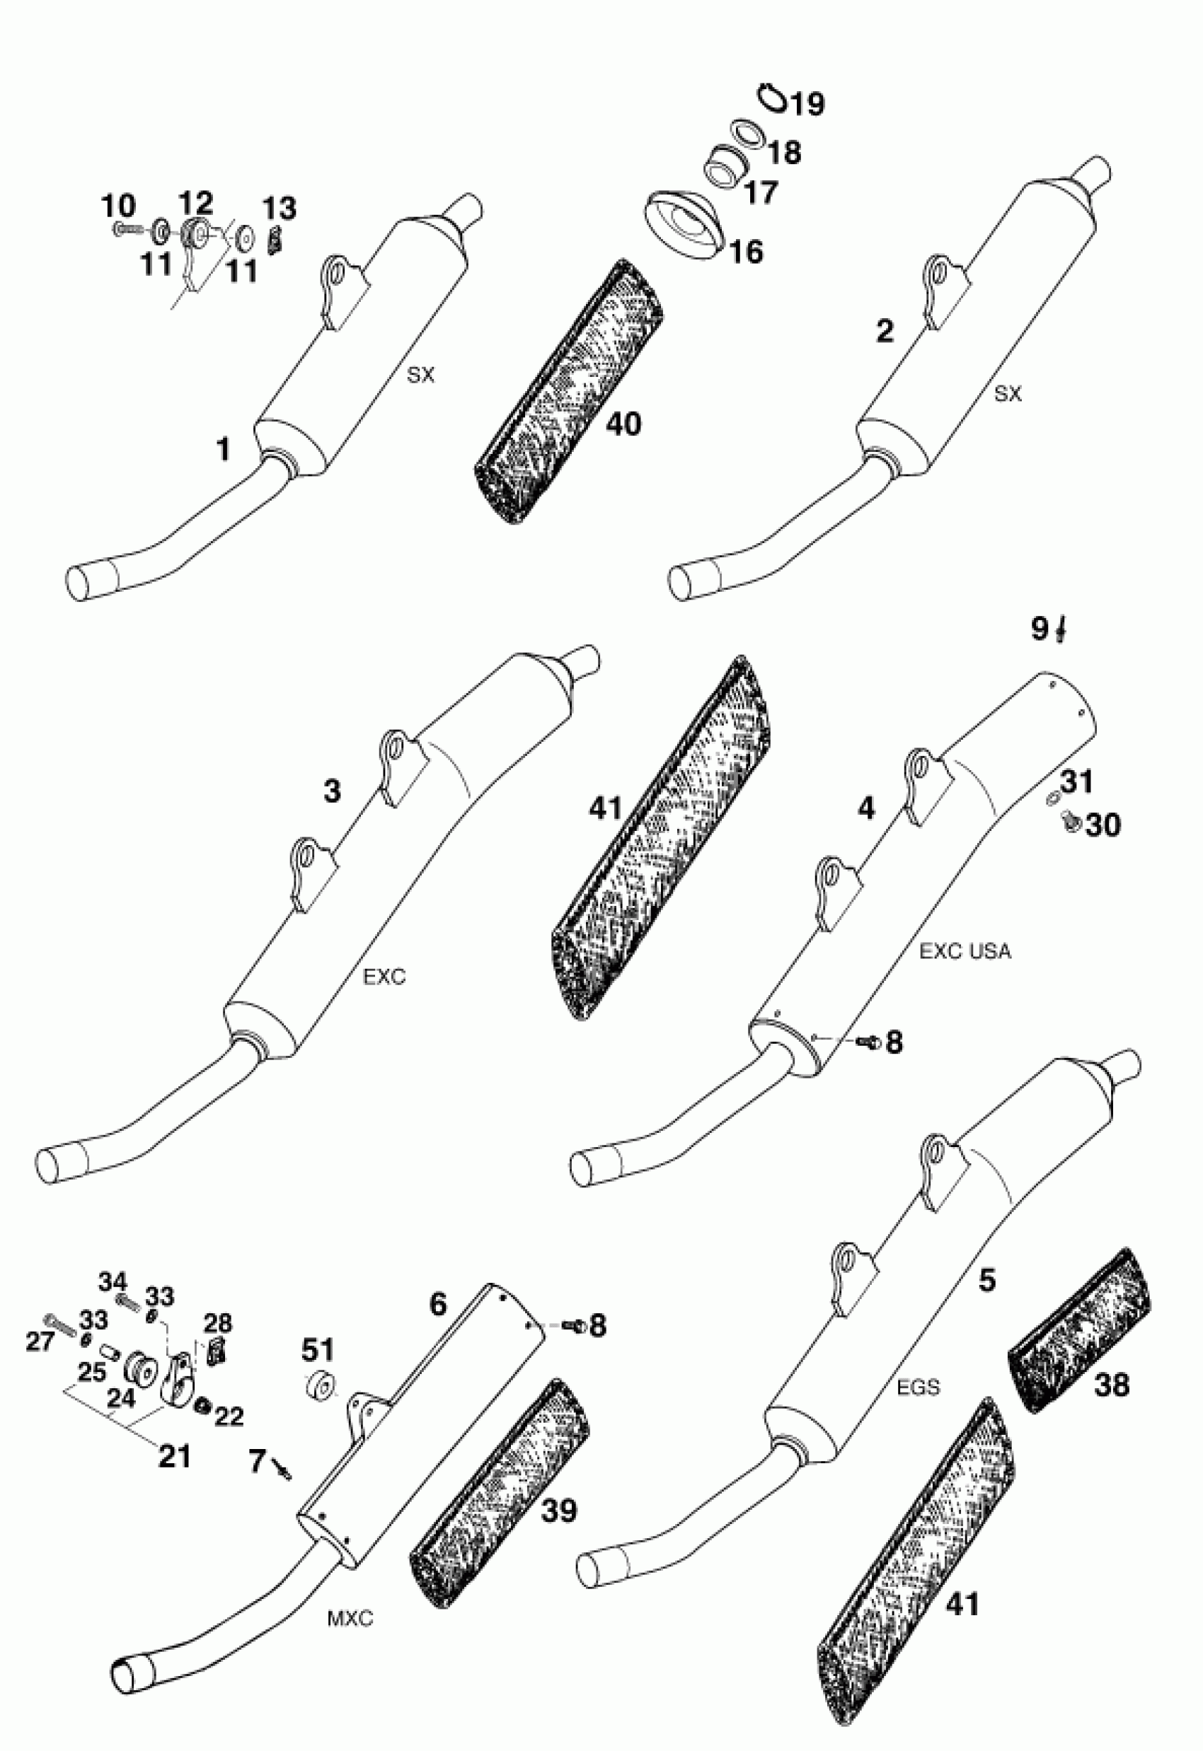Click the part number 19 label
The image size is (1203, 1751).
coord(807,103)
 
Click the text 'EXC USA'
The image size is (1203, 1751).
coord(965,953)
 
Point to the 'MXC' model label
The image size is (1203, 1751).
coord(350,1618)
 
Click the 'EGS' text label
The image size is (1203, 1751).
coord(919,1386)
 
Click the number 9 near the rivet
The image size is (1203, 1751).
coord(1040,627)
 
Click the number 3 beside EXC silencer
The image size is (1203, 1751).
coord(332,791)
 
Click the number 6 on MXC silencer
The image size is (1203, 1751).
coord(439,1304)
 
